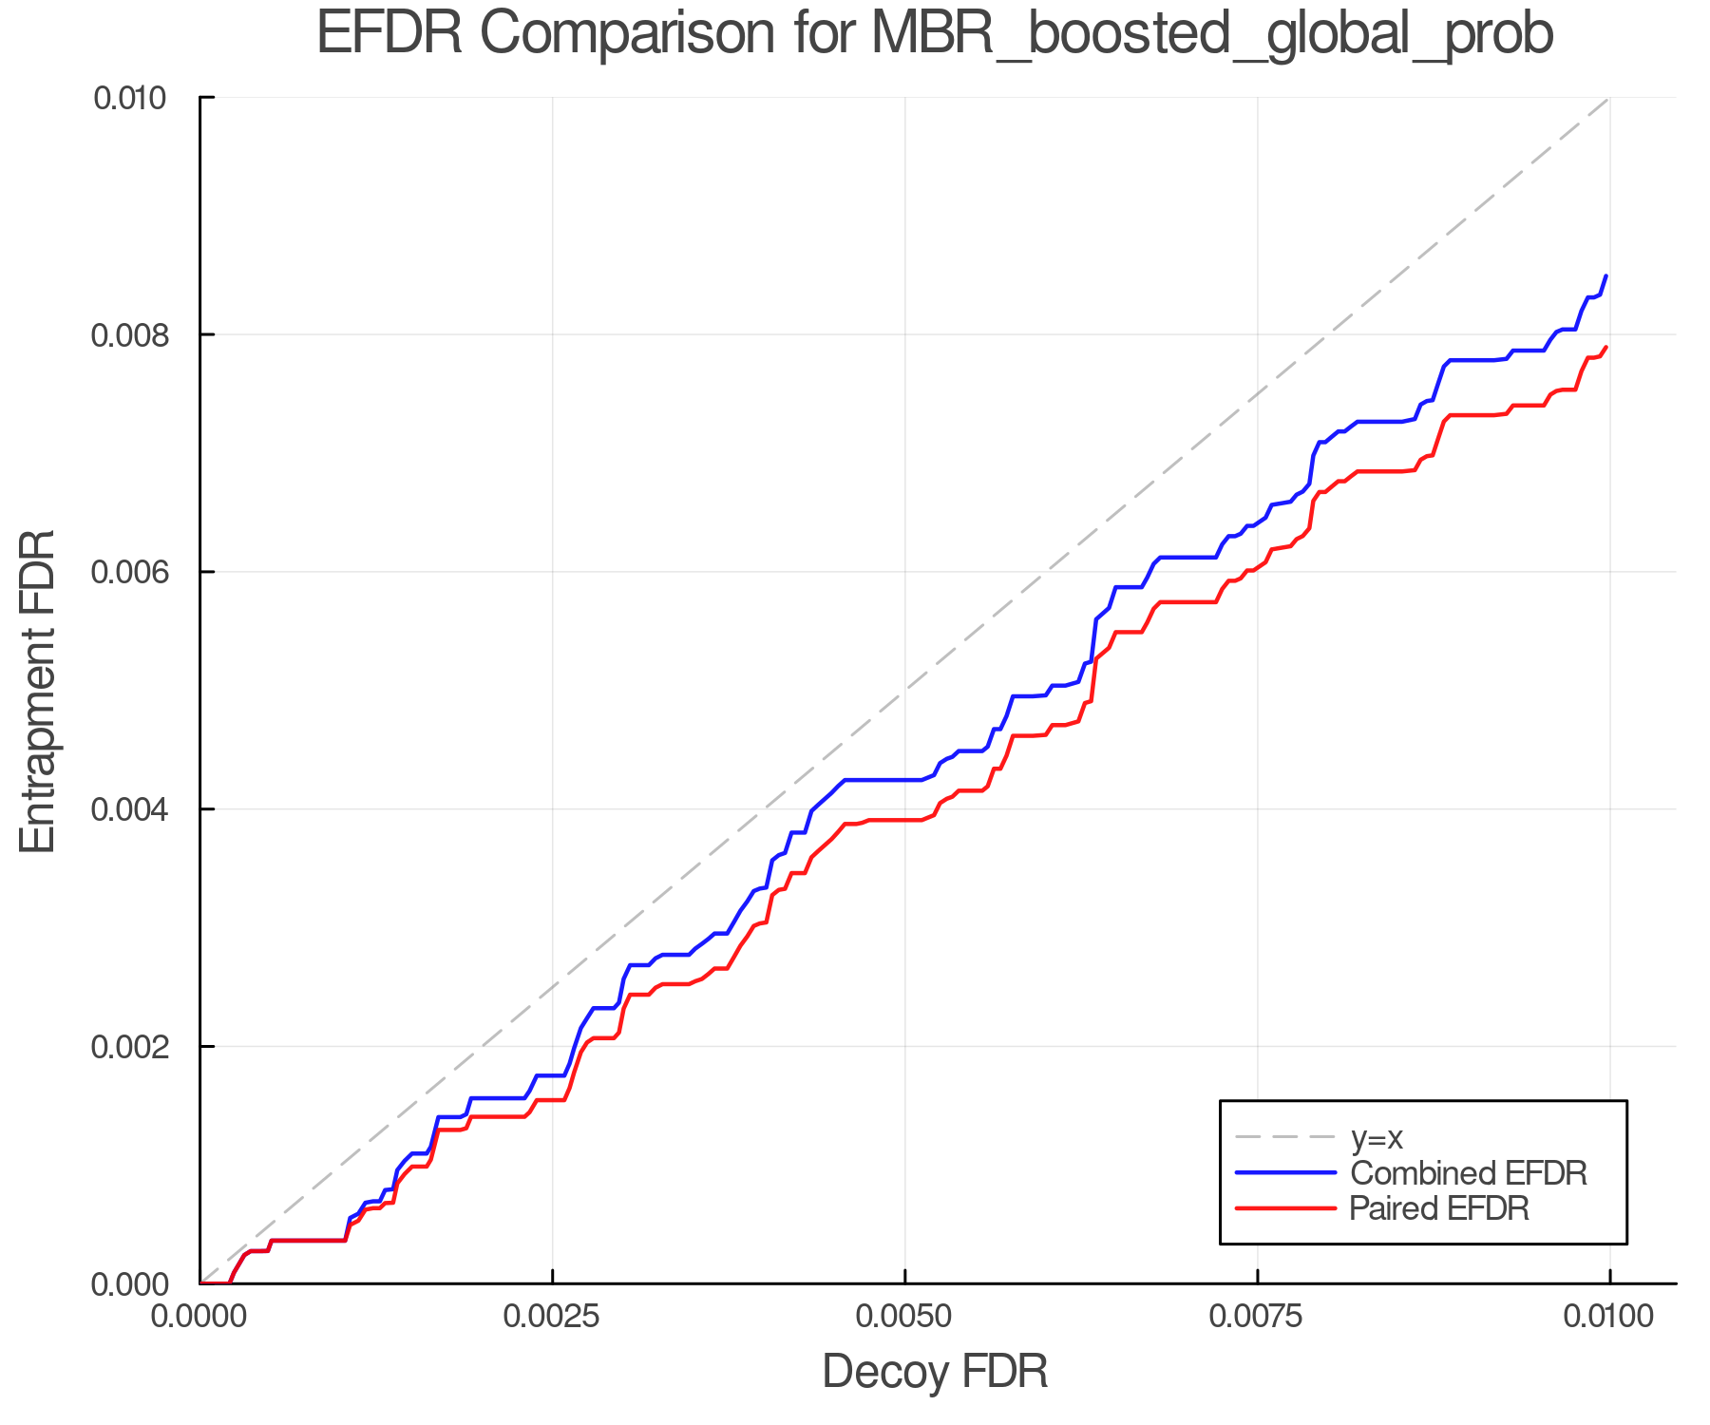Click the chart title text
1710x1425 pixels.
[x=934, y=34]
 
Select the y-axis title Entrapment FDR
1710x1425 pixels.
[x=39, y=691]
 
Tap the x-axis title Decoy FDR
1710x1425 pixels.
[x=934, y=1372]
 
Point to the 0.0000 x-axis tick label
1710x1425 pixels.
[x=199, y=1317]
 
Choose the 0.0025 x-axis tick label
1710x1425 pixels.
[x=552, y=1317]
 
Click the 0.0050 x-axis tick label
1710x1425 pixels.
[x=904, y=1317]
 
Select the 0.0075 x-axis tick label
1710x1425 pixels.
[x=1257, y=1317]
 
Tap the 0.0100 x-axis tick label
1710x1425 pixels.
[x=1608, y=1317]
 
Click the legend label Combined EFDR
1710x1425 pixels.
[x=1468, y=1173]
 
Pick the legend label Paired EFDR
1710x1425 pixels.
[x=1438, y=1208]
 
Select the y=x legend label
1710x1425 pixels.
[x=1377, y=1137]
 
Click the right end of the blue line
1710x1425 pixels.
[x=1605, y=276]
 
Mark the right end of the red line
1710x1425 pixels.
[x=1605, y=348]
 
